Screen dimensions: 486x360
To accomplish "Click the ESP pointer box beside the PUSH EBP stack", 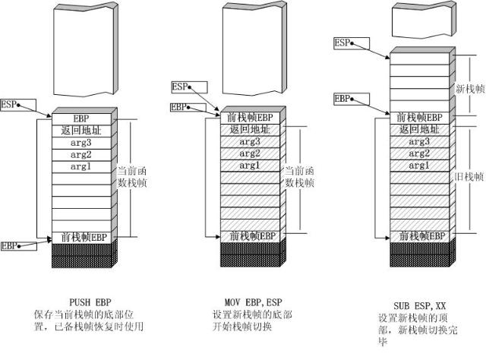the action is tap(18, 105).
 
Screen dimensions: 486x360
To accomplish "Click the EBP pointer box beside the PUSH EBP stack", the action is tap(18, 246).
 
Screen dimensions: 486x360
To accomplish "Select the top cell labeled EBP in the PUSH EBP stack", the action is tap(81, 119).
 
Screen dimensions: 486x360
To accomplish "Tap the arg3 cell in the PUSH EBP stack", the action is tap(81, 143).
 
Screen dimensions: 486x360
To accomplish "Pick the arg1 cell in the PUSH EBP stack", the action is tap(81, 167).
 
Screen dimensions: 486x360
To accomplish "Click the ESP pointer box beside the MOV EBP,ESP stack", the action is tap(189, 87).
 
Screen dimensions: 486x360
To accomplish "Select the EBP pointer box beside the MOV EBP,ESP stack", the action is tap(188, 108).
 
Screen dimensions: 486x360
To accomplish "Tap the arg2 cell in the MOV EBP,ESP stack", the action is tap(250, 154).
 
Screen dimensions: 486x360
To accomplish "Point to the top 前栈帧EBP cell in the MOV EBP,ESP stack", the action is tap(250, 118).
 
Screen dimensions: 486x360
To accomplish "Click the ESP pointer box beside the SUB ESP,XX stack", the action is tap(352, 43).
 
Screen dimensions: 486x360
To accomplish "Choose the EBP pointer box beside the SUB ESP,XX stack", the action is tap(352, 99).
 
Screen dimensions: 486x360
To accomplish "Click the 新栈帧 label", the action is tap(470, 90).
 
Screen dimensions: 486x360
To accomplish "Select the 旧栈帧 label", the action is tap(469, 177).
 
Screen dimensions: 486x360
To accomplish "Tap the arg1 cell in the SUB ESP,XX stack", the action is tap(419, 166).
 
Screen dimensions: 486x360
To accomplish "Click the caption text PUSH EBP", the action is tap(90, 302).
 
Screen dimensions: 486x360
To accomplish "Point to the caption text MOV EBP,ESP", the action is tap(254, 302).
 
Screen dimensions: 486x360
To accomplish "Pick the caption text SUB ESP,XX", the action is tap(420, 306).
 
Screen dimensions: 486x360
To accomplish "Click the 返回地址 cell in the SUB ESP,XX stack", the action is tap(419, 130).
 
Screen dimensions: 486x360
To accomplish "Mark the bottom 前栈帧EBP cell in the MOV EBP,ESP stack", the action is tap(250, 237).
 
